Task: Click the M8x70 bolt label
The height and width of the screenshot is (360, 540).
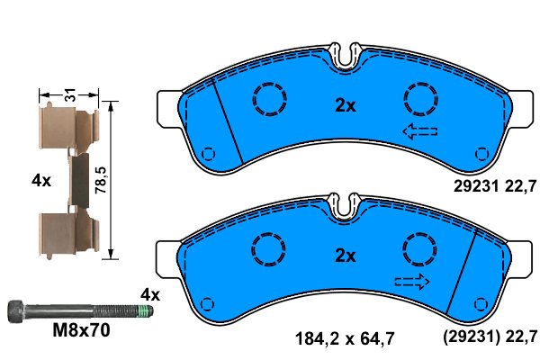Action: click(x=82, y=330)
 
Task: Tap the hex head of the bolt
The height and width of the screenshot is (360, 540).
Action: click(x=16, y=311)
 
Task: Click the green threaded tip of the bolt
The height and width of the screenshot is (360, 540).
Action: click(x=145, y=311)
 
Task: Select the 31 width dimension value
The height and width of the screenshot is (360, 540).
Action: click(x=70, y=94)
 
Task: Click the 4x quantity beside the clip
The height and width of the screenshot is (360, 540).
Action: click(x=41, y=180)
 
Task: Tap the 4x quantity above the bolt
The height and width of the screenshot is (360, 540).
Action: click(x=150, y=295)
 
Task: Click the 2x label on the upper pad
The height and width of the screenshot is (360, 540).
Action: click(x=346, y=105)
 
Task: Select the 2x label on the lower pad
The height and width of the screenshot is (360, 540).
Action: click(x=346, y=256)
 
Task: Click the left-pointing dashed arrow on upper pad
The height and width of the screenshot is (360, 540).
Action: click(x=420, y=131)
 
